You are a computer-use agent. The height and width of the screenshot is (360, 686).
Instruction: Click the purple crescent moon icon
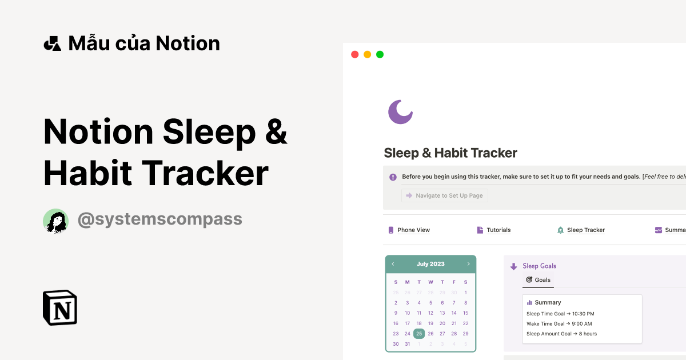400,111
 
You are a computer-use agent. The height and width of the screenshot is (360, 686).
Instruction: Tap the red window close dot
354,54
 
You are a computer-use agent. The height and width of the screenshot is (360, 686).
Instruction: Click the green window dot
380,54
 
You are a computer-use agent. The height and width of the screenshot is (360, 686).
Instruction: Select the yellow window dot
367,54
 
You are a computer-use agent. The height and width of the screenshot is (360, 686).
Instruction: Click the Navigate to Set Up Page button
445,195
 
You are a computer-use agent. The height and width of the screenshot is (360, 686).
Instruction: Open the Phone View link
413,230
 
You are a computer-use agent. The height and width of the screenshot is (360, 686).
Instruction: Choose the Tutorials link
498,230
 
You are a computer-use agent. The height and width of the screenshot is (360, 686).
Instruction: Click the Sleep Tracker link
585,230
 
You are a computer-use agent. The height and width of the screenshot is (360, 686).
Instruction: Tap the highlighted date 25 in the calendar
419,334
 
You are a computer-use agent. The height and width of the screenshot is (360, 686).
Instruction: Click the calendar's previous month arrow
393,264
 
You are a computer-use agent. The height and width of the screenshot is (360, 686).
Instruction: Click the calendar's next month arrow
468,264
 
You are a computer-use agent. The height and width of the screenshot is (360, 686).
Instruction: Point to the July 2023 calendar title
430,264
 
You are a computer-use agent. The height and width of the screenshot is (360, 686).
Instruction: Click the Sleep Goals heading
539,266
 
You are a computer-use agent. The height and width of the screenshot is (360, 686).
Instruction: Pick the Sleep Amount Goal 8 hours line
561,334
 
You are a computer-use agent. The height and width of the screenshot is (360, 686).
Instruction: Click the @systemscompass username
159,219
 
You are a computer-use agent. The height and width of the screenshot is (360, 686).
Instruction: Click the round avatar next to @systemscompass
56,221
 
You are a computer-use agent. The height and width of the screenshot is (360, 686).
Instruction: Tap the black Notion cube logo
60,307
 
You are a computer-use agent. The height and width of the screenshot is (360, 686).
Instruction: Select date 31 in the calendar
408,344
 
